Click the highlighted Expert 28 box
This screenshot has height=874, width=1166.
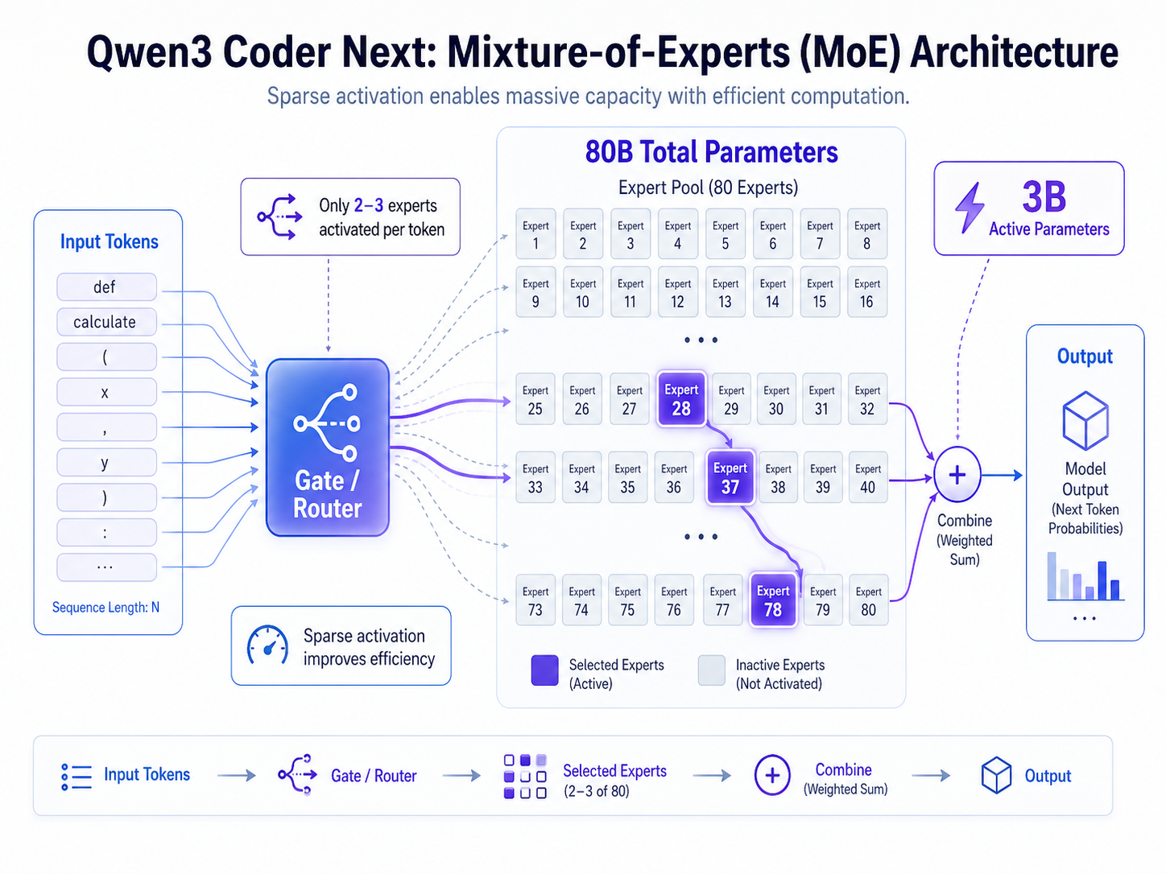[681, 399]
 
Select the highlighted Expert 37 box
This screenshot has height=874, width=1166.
[730, 478]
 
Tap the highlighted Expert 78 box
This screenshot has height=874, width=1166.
[773, 600]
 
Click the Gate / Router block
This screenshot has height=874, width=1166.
[328, 447]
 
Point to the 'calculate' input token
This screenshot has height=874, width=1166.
[106, 322]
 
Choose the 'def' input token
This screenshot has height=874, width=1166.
[106, 287]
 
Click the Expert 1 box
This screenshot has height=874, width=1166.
[535, 234]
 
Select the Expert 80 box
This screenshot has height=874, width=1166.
[868, 600]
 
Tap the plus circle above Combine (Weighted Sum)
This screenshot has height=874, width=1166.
[957, 475]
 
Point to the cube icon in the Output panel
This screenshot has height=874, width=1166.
[1085, 420]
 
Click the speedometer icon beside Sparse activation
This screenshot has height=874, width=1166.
[267, 645]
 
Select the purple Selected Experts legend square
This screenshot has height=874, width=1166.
[544, 670]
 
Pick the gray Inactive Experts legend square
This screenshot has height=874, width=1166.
[712, 670]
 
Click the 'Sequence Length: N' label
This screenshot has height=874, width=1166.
[105, 608]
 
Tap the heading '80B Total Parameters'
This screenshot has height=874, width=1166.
[711, 152]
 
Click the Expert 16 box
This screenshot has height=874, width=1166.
[866, 292]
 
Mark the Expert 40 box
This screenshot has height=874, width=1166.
[867, 478]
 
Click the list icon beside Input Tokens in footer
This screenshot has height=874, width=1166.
[76, 777]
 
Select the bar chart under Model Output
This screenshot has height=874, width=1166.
[1085, 576]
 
